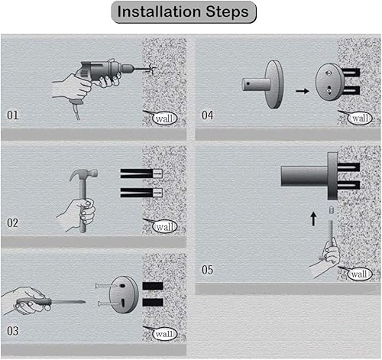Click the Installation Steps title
coord(183,12)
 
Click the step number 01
coord(13,115)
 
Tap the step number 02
coord(13,223)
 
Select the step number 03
coord(13,331)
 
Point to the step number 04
coord(208,115)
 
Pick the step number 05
coord(208,270)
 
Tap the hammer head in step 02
coord(83,174)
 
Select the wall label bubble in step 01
coord(164,118)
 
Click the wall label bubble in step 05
coord(360,274)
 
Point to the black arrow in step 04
coord(303,91)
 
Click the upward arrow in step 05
coord(313,219)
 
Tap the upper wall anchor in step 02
coord(141,174)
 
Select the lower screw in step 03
coord(108,303)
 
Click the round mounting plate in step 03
coord(124,294)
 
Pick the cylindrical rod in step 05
coord(304,176)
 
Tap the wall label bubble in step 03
coord(164,334)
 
